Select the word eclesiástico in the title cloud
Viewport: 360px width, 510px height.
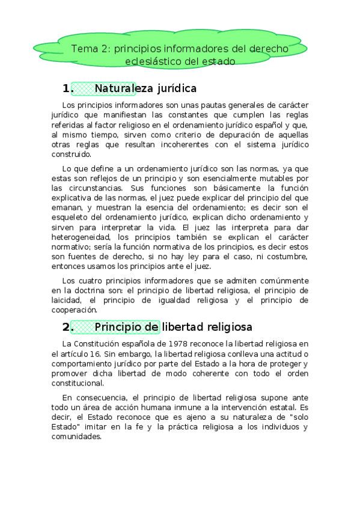tap(153, 61)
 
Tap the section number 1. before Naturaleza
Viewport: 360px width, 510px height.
tap(67, 89)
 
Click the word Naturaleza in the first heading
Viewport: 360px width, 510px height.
tap(126, 89)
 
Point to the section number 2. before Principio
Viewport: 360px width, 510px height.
tap(67, 327)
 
